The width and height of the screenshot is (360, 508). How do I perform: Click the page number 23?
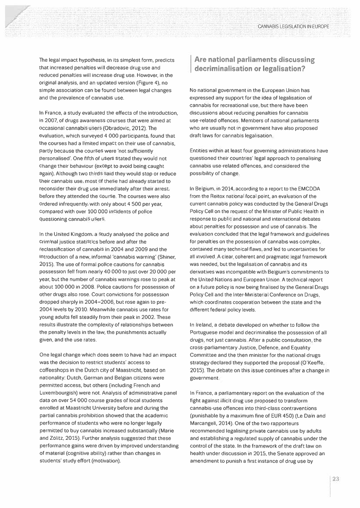tap(336, 479)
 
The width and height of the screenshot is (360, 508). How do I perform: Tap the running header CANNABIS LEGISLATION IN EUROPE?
tap(294, 27)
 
